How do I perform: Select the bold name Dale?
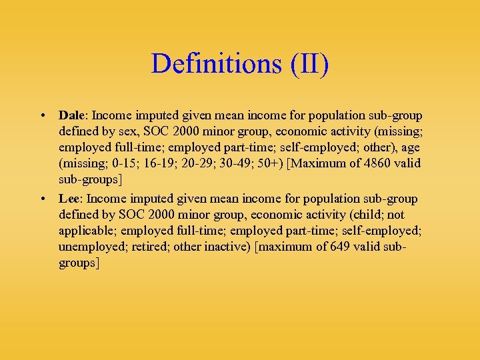click(71, 115)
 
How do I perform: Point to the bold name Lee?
click(68, 199)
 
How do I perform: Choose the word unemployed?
click(89, 247)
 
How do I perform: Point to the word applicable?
click(87, 231)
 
